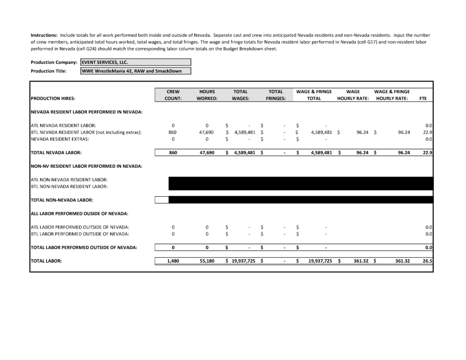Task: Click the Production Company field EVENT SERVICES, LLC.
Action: (135, 62)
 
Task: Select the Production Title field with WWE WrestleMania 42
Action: (135, 71)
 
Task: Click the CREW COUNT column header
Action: (173, 95)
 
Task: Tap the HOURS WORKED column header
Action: (207, 95)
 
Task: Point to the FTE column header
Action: (423, 98)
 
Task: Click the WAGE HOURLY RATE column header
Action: (353, 95)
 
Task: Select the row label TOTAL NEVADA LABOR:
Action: (56, 153)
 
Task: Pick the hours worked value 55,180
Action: (207, 261)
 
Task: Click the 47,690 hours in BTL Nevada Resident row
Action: (207, 132)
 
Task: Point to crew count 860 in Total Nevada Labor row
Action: (173, 153)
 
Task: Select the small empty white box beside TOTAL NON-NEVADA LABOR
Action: (162, 200)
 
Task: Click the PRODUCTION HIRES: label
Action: (53, 98)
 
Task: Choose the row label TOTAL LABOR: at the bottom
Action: (46, 261)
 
